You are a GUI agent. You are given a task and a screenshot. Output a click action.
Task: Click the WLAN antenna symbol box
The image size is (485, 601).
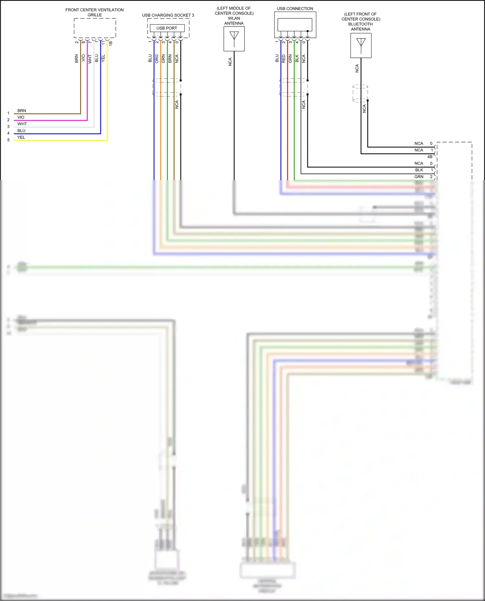[x=234, y=39]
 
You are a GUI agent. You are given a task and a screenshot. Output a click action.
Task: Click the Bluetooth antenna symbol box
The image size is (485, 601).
[x=361, y=46]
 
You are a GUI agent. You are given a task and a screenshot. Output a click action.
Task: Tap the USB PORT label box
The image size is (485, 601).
[x=167, y=28]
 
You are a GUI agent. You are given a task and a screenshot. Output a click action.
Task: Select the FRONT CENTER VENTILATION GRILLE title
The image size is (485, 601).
[x=94, y=12]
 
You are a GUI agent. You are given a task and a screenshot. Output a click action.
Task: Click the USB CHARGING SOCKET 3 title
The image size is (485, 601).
[x=168, y=15]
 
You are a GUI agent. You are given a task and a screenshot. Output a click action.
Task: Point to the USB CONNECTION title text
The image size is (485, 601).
[x=295, y=9]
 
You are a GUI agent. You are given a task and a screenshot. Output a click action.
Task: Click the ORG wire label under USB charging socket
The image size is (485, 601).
[x=157, y=58]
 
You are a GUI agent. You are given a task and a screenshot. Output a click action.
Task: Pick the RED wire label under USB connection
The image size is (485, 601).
[x=284, y=58]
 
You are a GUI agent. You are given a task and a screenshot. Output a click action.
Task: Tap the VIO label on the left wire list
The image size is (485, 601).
[x=21, y=117]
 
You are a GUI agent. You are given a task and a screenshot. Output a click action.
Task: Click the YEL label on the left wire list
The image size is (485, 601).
[x=21, y=137]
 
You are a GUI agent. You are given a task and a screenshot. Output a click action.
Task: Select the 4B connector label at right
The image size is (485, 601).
[x=430, y=157]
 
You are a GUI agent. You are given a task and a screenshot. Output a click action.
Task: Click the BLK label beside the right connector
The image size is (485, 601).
[x=419, y=170]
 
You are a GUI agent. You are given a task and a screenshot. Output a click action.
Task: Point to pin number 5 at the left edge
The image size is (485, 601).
[x=8, y=140]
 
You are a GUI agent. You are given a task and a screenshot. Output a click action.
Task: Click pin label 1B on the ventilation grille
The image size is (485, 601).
[x=111, y=43]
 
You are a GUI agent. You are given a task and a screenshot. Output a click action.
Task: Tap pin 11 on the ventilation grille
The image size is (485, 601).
[x=103, y=42]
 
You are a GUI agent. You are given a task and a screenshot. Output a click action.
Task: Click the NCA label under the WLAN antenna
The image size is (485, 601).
[x=230, y=62]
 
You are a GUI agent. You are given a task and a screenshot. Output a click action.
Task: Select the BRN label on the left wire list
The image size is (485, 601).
[x=22, y=110]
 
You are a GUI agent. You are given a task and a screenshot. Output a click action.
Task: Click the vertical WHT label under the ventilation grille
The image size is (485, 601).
[x=90, y=59]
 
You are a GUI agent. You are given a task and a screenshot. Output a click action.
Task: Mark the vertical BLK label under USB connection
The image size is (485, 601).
[x=297, y=58]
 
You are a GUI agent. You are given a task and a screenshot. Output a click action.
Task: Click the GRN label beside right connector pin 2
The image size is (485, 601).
[x=419, y=177]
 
